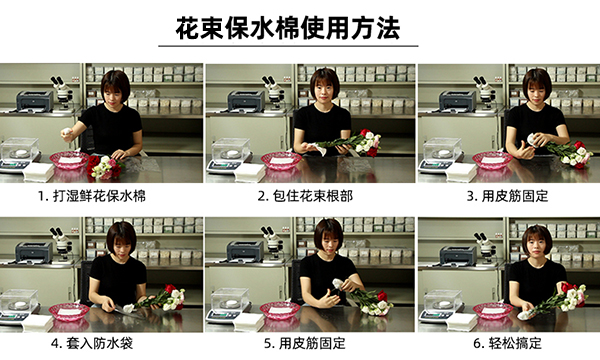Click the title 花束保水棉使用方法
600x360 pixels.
tap(288, 28)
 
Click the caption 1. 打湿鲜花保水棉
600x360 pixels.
tap(92, 196)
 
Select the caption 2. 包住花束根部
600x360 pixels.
tap(305, 196)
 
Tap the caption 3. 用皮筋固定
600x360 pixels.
tap(507, 196)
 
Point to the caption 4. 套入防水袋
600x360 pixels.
tap(92, 343)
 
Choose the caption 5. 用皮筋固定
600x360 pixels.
tap(305, 343)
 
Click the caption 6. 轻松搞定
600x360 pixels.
tap(507, 343)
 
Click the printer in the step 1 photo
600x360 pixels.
tap(35, 101)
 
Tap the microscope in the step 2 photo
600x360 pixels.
tap(274, 92)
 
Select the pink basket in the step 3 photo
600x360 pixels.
tap(492, 160)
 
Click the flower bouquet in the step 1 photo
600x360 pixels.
tap(105, 167)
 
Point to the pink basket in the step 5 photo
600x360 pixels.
tap(280, 310)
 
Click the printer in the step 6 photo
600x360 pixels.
tap(458, 256)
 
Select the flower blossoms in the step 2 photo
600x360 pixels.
tap(368, 142)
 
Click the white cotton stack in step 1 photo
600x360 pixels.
tap(39, 172)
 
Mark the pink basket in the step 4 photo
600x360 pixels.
tap(69, 311)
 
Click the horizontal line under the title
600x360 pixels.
tap(288, 46)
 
